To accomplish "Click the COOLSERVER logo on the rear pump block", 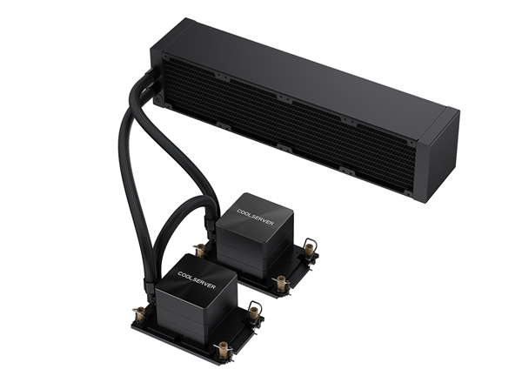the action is tap(255, 217).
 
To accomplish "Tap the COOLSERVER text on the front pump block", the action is tap(197, 280).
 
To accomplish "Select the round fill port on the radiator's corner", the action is tap(157, 99).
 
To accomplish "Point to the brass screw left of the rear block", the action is tap(201, 249).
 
